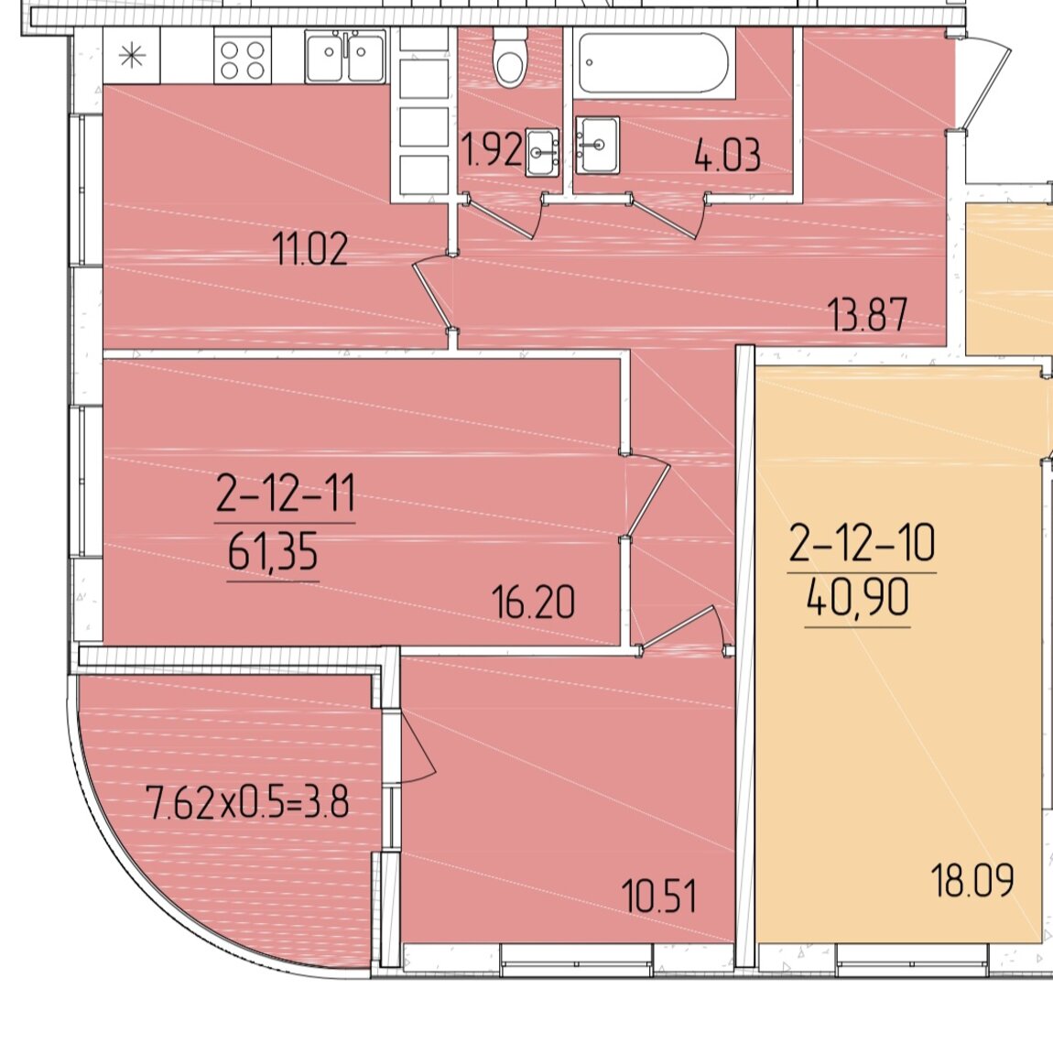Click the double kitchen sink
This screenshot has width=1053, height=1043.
coord(345,57)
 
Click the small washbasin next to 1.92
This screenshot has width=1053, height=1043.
coord(542,152)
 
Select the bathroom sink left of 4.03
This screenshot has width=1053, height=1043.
coord(597,145)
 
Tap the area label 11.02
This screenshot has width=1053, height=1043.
coord(311,248)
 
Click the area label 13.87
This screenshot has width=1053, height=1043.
coord(869,314)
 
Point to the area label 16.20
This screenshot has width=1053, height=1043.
coord(533,602)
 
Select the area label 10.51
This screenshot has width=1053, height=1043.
coord(658,896)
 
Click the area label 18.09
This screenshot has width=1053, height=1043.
coord(972,881)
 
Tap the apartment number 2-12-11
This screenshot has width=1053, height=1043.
coord(286,494)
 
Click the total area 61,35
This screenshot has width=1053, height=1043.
coord(273,554)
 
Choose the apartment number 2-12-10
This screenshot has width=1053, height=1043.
coord(862,543)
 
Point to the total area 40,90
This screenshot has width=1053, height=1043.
coord(858,598)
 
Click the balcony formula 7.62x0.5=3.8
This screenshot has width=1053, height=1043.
coord(248,803)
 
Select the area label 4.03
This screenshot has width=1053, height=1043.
coord(727,155)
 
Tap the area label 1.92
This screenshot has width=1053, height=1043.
coord(491,150)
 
